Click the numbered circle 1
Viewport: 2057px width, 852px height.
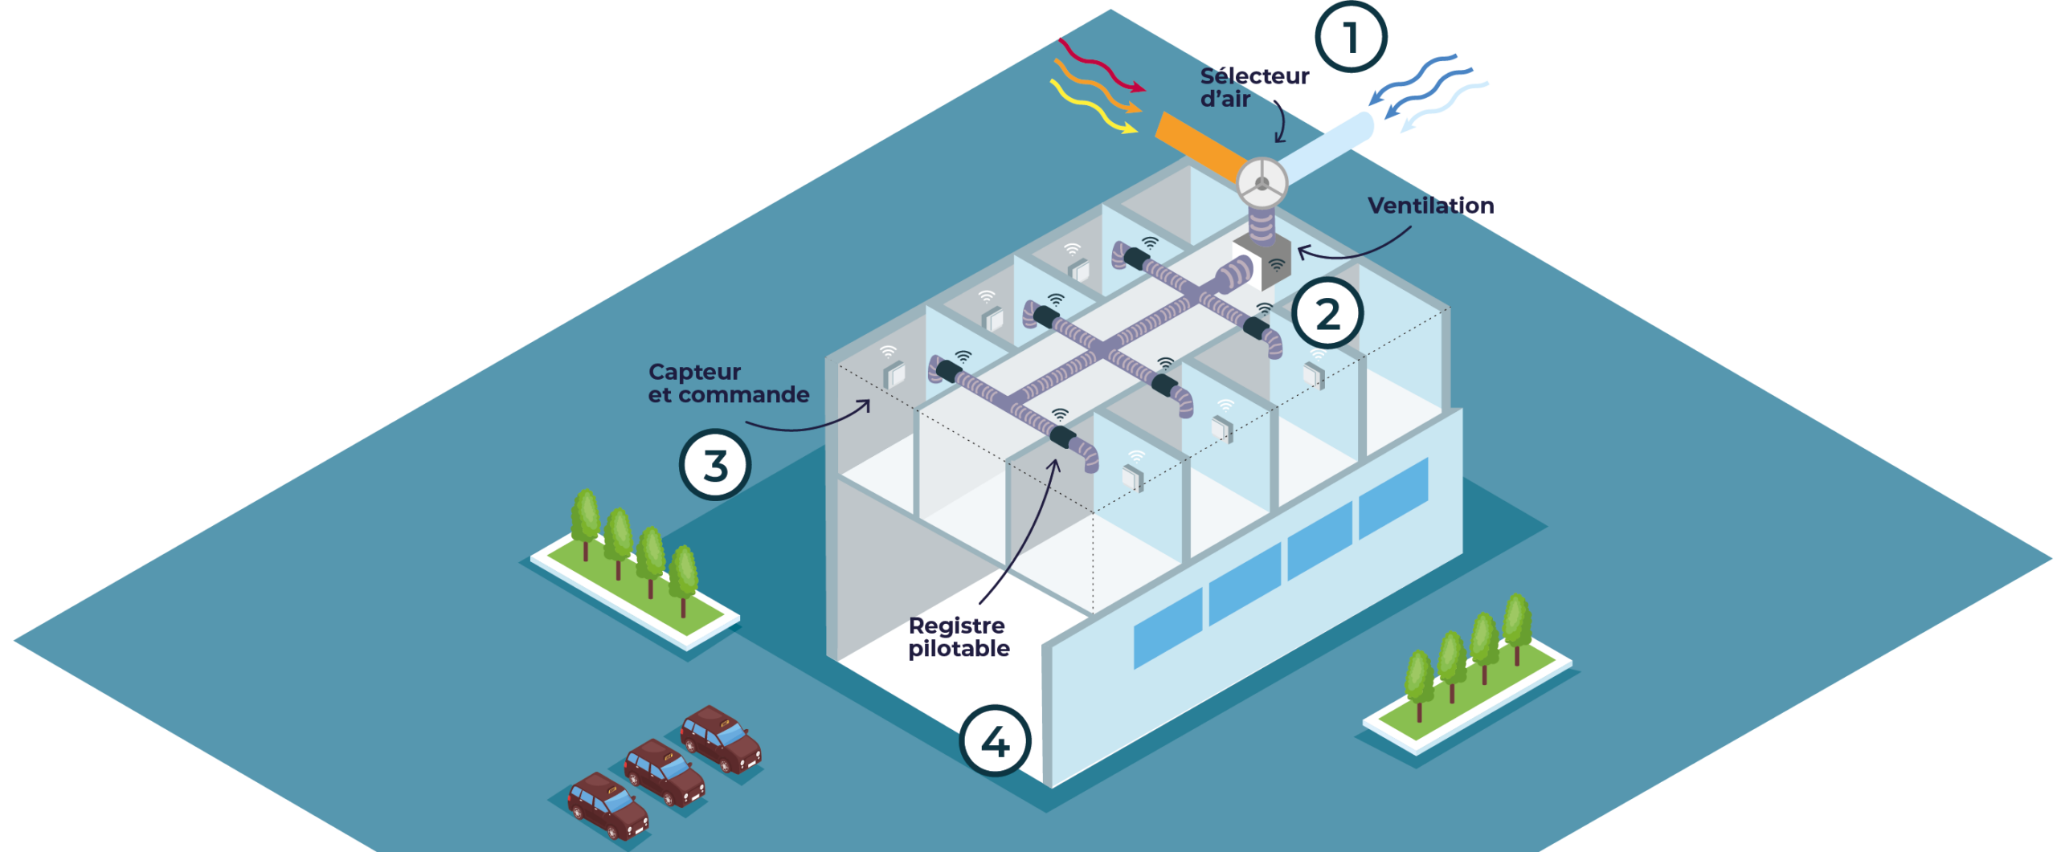click(1351, 37)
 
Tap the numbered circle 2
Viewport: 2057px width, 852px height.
click(1327, 314)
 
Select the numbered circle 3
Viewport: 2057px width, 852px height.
click(714, 465)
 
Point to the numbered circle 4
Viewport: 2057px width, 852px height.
click(995, 741)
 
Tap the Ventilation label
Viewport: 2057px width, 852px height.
click(1430, 206)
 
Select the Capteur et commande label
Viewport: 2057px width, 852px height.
click(728, 384)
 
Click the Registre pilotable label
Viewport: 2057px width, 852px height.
click(958, 637)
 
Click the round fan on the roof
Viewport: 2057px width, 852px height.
click(1262, 184)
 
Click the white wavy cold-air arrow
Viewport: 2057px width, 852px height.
click(1446, 105)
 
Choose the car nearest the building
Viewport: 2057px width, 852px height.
click(721, 739)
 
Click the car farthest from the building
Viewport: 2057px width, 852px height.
click(607, 805)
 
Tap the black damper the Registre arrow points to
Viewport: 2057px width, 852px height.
click(1062, 437)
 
